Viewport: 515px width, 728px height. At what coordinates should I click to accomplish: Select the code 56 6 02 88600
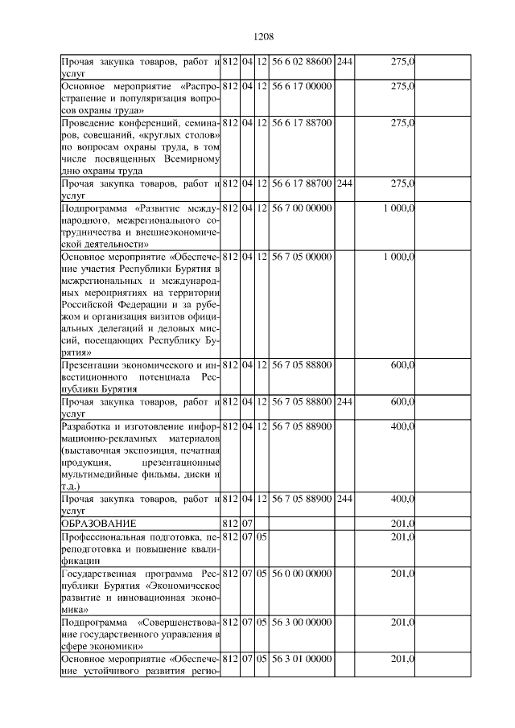coord(301,61)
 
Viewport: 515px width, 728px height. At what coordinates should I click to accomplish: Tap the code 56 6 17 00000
coord(301,84)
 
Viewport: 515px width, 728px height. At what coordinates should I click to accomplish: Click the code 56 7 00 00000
coord(301,209)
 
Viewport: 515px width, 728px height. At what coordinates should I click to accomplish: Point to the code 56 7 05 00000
coord(301,257)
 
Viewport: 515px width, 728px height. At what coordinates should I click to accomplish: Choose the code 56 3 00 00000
coord(301,622)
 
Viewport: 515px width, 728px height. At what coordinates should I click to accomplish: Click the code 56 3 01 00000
coord(301,659)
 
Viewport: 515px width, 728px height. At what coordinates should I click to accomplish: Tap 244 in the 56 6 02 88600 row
coord(344,61)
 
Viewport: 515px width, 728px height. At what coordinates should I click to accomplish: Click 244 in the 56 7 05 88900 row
coord(344,499)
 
